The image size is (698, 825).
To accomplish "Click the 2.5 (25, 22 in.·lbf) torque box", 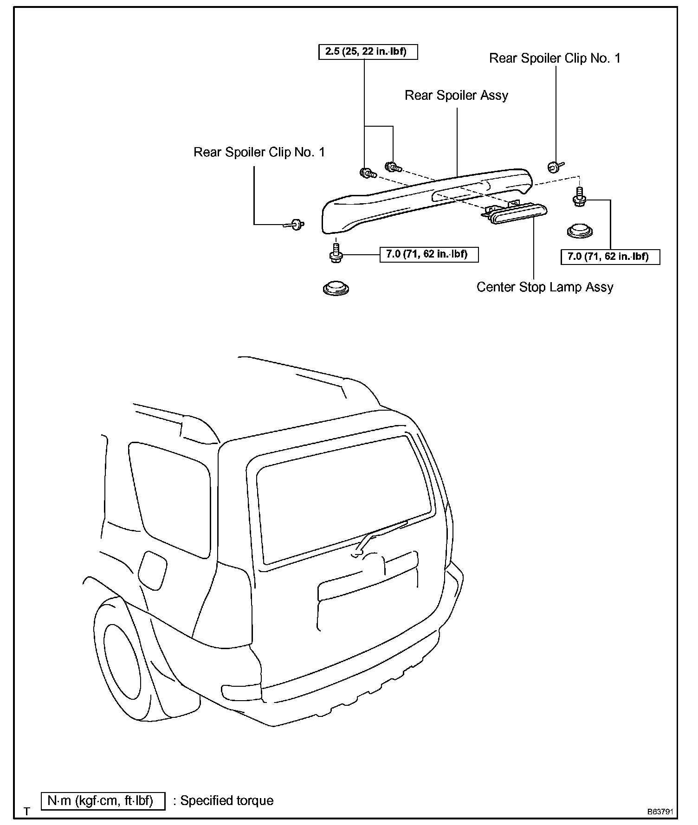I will point(368,52).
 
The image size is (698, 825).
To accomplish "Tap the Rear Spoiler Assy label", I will point(456,96).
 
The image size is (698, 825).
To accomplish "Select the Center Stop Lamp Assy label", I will point(545,287).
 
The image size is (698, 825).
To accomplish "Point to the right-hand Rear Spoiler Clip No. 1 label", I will point(555,58).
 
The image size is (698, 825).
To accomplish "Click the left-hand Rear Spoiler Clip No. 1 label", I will point(259,152).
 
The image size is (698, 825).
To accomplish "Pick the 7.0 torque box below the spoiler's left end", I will point(429,254).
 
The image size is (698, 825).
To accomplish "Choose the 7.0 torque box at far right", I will point(610,256).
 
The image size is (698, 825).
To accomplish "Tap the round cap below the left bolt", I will point(336,288).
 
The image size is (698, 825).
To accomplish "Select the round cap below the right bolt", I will point(580,230).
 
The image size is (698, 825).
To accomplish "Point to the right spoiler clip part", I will point(554,166).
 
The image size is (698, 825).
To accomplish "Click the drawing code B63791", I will point(661,812).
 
